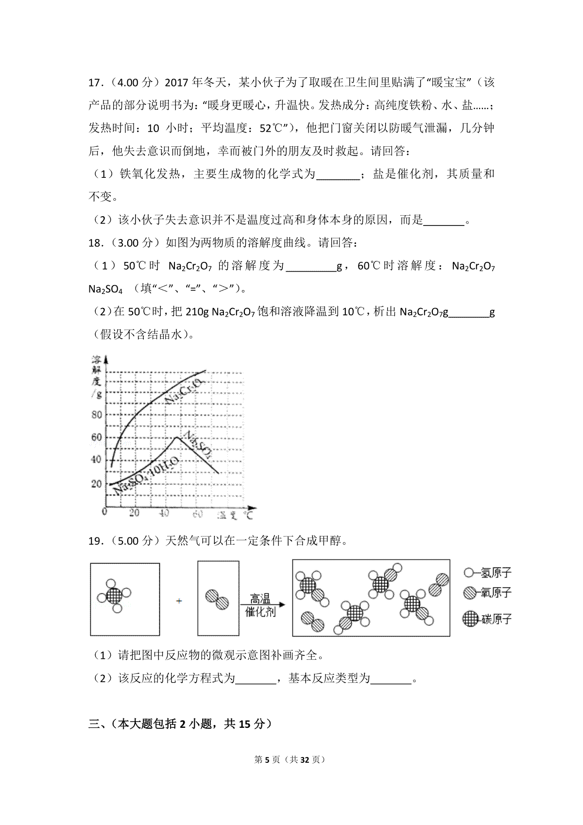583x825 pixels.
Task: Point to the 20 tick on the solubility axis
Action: click(96, 483)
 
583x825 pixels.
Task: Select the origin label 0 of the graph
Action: click(104, 511)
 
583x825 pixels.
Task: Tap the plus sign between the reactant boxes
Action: click(179, 601)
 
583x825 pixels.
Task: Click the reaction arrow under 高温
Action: click(262, 605)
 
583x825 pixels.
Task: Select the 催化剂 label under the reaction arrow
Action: click(260, 612)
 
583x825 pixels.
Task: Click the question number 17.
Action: click(94, 82)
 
